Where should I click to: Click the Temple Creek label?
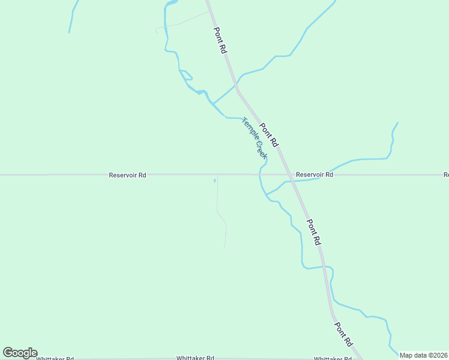(x=254, y=138)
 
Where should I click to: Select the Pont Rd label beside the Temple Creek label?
(x=269, y=136)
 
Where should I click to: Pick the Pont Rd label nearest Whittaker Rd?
(x=343, y=334)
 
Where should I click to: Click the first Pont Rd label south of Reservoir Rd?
(x=314, y=232)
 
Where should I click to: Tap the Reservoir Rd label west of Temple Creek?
(x=127, y=175)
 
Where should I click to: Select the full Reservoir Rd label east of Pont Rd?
(x=314, y=175)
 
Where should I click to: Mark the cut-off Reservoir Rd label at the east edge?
(x=446, y=175)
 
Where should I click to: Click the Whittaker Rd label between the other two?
(x=195, y=358)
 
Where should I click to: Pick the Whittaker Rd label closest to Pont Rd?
(x=333, y=358)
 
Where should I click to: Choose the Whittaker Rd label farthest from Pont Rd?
(x=55, y=358)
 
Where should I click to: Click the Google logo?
(x=20, y=353)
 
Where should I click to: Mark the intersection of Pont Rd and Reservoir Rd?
(x=289, y=175)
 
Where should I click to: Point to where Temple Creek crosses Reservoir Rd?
(x=259, y=175)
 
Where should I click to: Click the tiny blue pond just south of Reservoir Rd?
(x=214, y=180)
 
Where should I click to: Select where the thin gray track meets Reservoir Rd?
(x=217, y=175)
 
